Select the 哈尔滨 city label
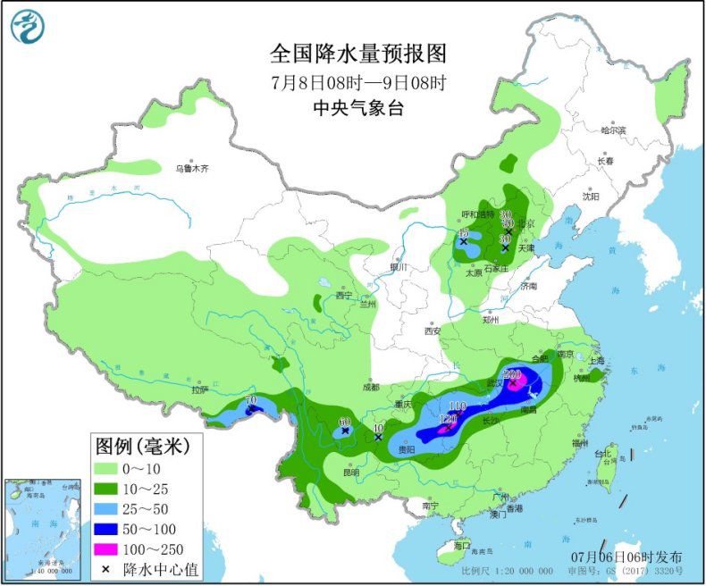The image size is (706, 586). (x=614, y=130)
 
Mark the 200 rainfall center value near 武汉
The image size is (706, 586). (x=513, y=374)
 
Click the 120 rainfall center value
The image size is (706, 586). (x=449, y=419)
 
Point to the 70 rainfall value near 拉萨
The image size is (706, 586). (x=250, y=399)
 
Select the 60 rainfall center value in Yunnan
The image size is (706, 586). (x=344, y=422)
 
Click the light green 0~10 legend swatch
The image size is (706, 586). (x=117, y=470)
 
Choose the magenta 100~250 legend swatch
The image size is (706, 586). (x=117, y=548)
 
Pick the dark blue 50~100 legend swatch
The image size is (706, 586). (x=117, y=529)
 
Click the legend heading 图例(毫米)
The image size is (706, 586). (x=148, y=445)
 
